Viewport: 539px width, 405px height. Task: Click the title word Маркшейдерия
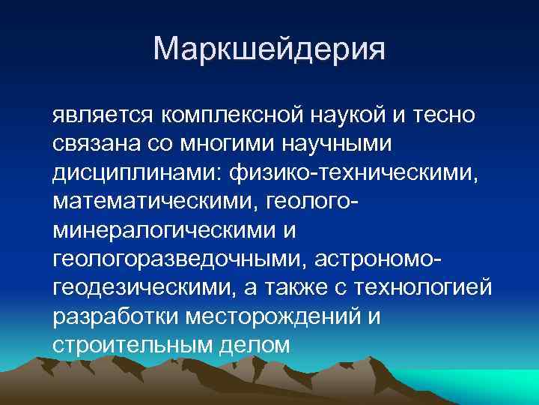tap(269, 49)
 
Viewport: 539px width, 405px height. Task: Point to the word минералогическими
tap(160, 230)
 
